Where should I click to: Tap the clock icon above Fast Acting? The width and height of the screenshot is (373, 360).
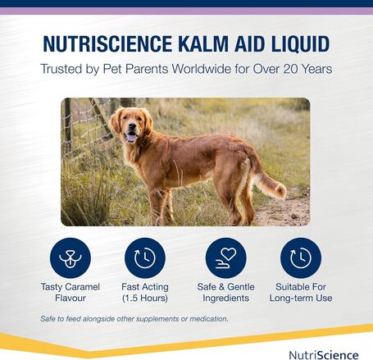pos(144,258)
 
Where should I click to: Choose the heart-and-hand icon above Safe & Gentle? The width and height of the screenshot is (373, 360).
pos(225,258)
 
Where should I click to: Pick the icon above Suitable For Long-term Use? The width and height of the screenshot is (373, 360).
pos(301,258)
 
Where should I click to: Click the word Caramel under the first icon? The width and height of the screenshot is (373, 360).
pos(85,287)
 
